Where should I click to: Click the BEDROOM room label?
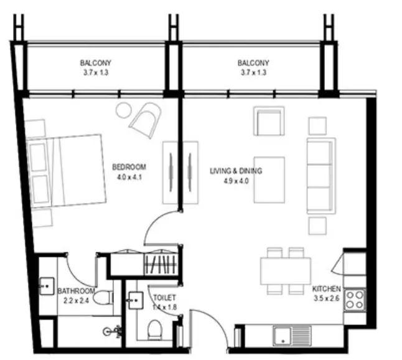pyautogui.click(x=129, y=167)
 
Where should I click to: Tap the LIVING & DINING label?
pyautogui.click(x=236, y=171)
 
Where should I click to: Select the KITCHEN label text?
pyautogui.click(x=326, y=289)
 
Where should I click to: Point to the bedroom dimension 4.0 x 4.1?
pyautogui.click(x=129, y=178)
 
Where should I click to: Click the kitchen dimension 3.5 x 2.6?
pyautogui.click(x=327, y=298)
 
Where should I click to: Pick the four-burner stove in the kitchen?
pyautogui.click(x=355, y=300)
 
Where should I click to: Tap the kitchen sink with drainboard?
pyautogui.click(x=292, y=335)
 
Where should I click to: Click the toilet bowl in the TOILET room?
pyautogui.click(x=154, y=329)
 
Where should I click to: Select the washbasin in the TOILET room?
pyautogui.click(x=136, y=300)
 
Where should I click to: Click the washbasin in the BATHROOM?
pyautogui.click(x=47, y=286)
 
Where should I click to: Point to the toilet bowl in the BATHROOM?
pyautogui.click(x=103, y=297)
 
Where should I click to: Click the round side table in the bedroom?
pyautogui.click(x=124, y=110)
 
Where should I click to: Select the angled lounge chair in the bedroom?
pyautogui.click(x=146, y=120)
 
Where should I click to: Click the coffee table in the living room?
pyautogui.click(x=269, y=180)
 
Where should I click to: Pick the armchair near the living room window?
pyautogui.click(x=269, y=121)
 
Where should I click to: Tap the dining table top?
pyautogui.click(x=286, y=271)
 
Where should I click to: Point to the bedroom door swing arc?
pyautogui.click(x=154, y=221)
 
